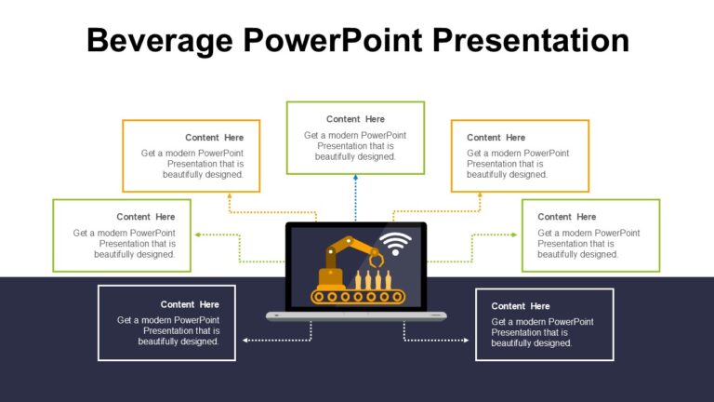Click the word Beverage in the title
click(x=157, y=40)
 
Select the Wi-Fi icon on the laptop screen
click(x=396, y=244)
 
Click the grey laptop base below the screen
click(x=356, y=315)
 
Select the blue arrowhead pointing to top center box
click(x=355, y=179)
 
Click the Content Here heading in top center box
click(x=355, y=119)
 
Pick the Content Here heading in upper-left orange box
click(x=214, y=138)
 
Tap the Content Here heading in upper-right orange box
click(x=496, y=138)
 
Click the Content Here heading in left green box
click(x=145, y=217)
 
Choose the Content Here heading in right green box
click(x=567, y=217)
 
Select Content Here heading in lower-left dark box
click(x=190, y=304)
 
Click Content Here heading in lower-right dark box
click(x=521, y=306)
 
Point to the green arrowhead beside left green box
click(x=196, y=235)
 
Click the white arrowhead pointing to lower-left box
click(x=245, y=341)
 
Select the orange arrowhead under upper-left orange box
click(x=230, y=196)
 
